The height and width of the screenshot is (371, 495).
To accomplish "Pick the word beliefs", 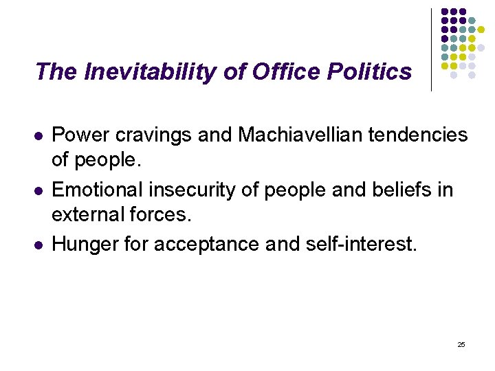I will tap(399, 189).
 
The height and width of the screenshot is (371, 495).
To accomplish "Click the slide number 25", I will tap(461, 344).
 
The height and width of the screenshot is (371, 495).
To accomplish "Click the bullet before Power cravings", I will tap(39, 136).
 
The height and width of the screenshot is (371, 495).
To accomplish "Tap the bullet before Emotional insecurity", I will tap(39, 190).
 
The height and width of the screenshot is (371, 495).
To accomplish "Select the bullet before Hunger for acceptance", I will tap(39, 244).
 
